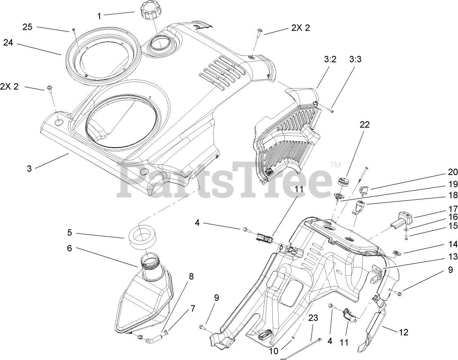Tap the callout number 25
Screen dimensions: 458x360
click(27, 27)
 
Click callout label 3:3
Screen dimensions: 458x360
click(355, 59)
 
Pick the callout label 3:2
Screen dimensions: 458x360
click(330, 59)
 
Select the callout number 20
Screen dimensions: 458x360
click(453, 173)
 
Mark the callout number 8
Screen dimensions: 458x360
click(191, 276)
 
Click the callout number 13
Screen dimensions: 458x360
click(453, 257)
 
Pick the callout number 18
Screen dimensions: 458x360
click(453, 195)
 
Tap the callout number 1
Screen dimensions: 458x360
click(99, 16)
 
